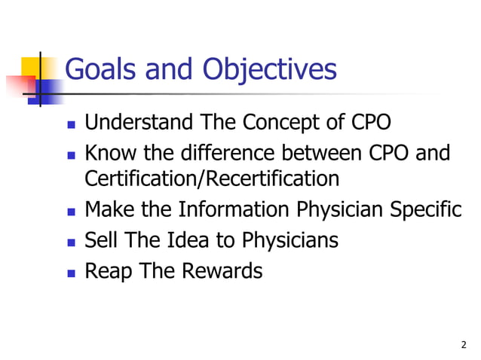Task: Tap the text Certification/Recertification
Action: [x=212, y=179]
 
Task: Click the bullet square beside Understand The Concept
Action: [x=71, y=124]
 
